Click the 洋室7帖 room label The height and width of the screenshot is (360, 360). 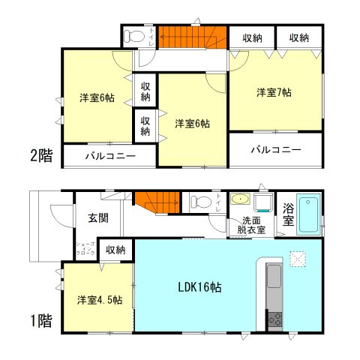(x=274, y=92)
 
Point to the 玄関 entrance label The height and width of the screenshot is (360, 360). (x=97, y=217)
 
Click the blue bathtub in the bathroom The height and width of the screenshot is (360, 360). (x=308, y=213)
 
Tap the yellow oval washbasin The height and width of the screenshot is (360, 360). (x=240, y=200)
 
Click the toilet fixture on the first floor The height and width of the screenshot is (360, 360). (x=198, y=201)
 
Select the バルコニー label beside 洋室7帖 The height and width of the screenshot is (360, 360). (x=276, y=149)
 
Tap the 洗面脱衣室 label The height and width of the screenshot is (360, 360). (x=249, y=226)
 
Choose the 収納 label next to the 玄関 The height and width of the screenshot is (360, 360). (x=115, y=250)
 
